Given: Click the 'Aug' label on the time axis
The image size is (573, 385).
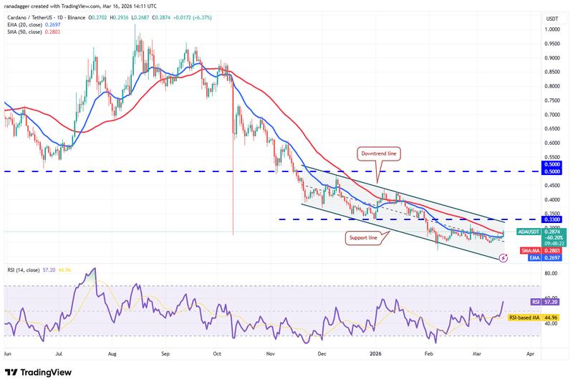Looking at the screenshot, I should [x=112, y=354].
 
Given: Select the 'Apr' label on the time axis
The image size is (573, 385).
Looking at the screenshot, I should [x=530, y=354].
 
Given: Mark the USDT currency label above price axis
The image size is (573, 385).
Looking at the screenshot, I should [x=552, y=18].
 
